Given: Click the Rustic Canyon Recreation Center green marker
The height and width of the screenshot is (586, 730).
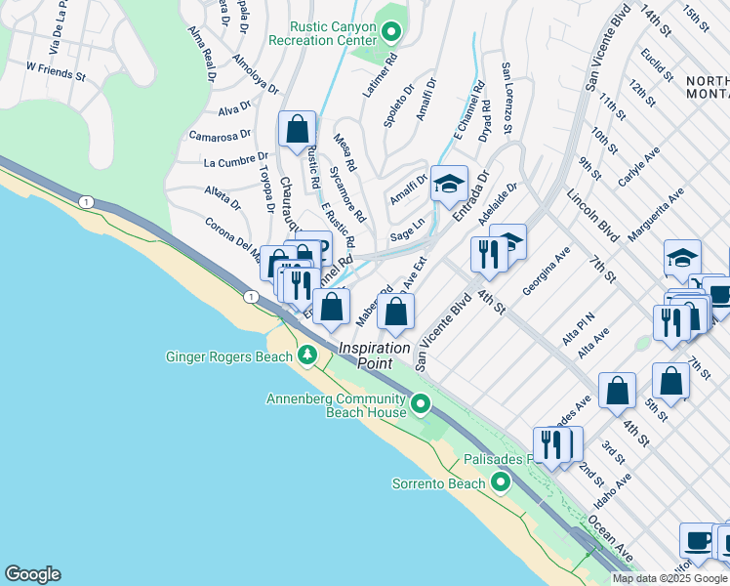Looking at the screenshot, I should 391,33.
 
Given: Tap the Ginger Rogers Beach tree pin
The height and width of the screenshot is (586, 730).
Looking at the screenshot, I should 307,356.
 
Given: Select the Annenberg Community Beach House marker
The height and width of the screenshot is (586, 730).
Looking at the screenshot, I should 421,403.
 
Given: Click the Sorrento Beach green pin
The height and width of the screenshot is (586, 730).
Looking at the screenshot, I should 501,483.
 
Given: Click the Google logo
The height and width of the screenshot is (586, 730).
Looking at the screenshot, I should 31,574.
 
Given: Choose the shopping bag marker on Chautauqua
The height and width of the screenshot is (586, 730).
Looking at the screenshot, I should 297,130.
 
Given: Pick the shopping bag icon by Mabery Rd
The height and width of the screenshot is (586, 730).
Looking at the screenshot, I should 396,314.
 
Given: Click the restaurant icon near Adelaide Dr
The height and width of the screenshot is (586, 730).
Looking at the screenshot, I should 487,254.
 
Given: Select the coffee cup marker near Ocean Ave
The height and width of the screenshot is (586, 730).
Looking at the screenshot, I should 698,540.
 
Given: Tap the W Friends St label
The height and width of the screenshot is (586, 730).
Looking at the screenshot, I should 56,69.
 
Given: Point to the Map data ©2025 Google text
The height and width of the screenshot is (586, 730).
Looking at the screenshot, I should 670,578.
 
